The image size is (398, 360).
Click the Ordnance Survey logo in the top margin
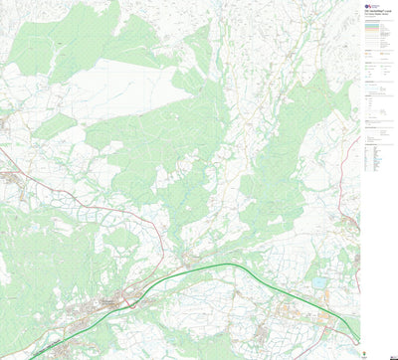tap(370, 6)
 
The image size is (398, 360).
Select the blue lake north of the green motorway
tap(318, 282)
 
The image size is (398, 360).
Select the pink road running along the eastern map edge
tap(350, 214)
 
